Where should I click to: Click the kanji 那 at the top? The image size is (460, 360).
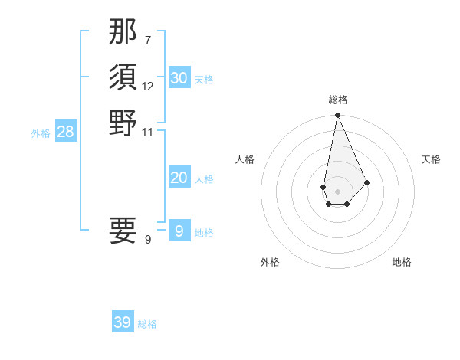(x=123, y=34)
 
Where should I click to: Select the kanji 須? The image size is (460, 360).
(x=123, y=78)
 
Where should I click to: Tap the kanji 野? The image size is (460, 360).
(x=123, y=123)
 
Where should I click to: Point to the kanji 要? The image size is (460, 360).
(x=123, y=230)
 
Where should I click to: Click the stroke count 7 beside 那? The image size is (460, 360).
(x=148, y=40)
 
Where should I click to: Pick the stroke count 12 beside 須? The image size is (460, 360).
(x=148, y=87)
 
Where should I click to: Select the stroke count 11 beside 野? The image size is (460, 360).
(x=148, y=131)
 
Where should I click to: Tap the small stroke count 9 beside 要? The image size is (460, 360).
(x=148, y=240)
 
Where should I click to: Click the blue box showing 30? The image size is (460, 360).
(x=179, y=77)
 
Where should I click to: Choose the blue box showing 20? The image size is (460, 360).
(x=179, y=178)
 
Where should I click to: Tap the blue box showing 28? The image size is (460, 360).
(x=66, y=132)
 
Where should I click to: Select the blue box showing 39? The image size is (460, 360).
(x=123, y=322)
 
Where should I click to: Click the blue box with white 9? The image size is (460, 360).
(x=179, y=231)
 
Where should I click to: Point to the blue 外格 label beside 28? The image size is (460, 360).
(x=41, y=133)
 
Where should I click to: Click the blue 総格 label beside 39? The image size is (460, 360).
(x=147, y=324)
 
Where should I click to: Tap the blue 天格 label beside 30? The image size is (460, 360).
(x=204, y=80)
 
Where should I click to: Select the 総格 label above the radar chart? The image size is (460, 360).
(x=338, y=100)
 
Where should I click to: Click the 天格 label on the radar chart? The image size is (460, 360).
(x=431, y=159)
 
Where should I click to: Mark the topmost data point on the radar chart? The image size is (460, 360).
(x=337, y=116)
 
